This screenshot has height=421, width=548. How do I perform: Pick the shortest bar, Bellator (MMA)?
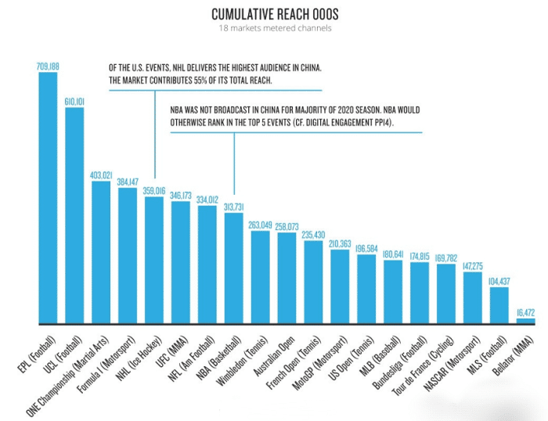click(526, 321)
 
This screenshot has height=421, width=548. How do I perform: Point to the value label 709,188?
click(48, 67)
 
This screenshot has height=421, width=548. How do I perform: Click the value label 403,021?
click(101, 175)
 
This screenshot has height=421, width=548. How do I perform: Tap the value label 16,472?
click(526, 312)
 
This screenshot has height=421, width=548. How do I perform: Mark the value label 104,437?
click(499, 281)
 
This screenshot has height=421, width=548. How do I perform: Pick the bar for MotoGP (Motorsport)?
click(340, 286)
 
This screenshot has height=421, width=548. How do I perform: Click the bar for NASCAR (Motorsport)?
click(473, 297)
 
